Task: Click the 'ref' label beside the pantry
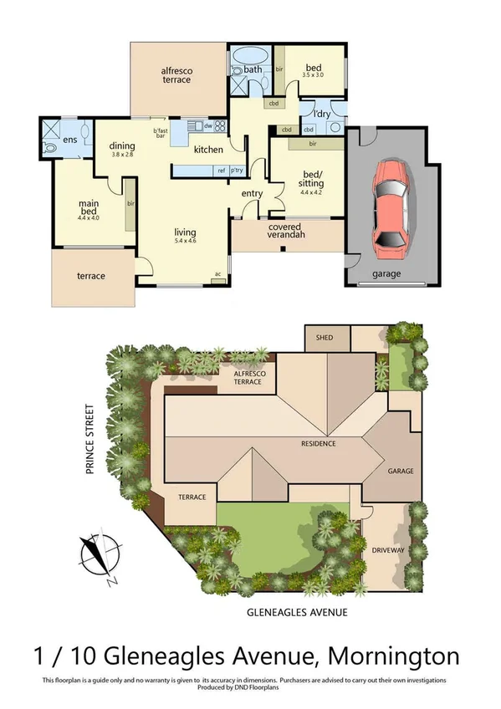pos(222,171)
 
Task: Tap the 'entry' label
pos(252,194)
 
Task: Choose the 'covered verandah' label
pos(286,231)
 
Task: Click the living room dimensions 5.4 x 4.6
pos(185,241)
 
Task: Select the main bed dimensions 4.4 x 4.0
pos(89,217)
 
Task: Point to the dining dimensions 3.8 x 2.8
pos(122,155)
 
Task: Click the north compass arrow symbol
pos(98,553)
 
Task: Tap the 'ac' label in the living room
pos(217,274)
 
